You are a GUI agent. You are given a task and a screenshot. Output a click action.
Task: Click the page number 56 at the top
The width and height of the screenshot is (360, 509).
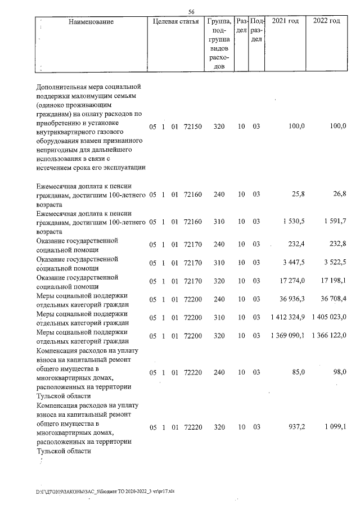click(x=191, y=12)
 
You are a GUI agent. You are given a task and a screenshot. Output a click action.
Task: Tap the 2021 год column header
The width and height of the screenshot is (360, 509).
click(x=285, y=21)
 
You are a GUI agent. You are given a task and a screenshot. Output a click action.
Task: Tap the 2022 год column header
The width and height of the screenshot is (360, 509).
click(x=327, y=21)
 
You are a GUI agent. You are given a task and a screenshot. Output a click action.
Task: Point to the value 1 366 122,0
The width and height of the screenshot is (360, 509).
click(x=328, y=336)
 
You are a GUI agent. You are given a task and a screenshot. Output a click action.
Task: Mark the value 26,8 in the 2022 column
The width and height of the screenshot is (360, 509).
click(x=339, y=195)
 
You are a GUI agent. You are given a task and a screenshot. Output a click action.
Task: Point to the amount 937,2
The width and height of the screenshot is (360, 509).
click(x=295, y=427)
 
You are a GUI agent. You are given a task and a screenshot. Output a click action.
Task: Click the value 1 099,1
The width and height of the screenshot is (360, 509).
click(x=335, y=427)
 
